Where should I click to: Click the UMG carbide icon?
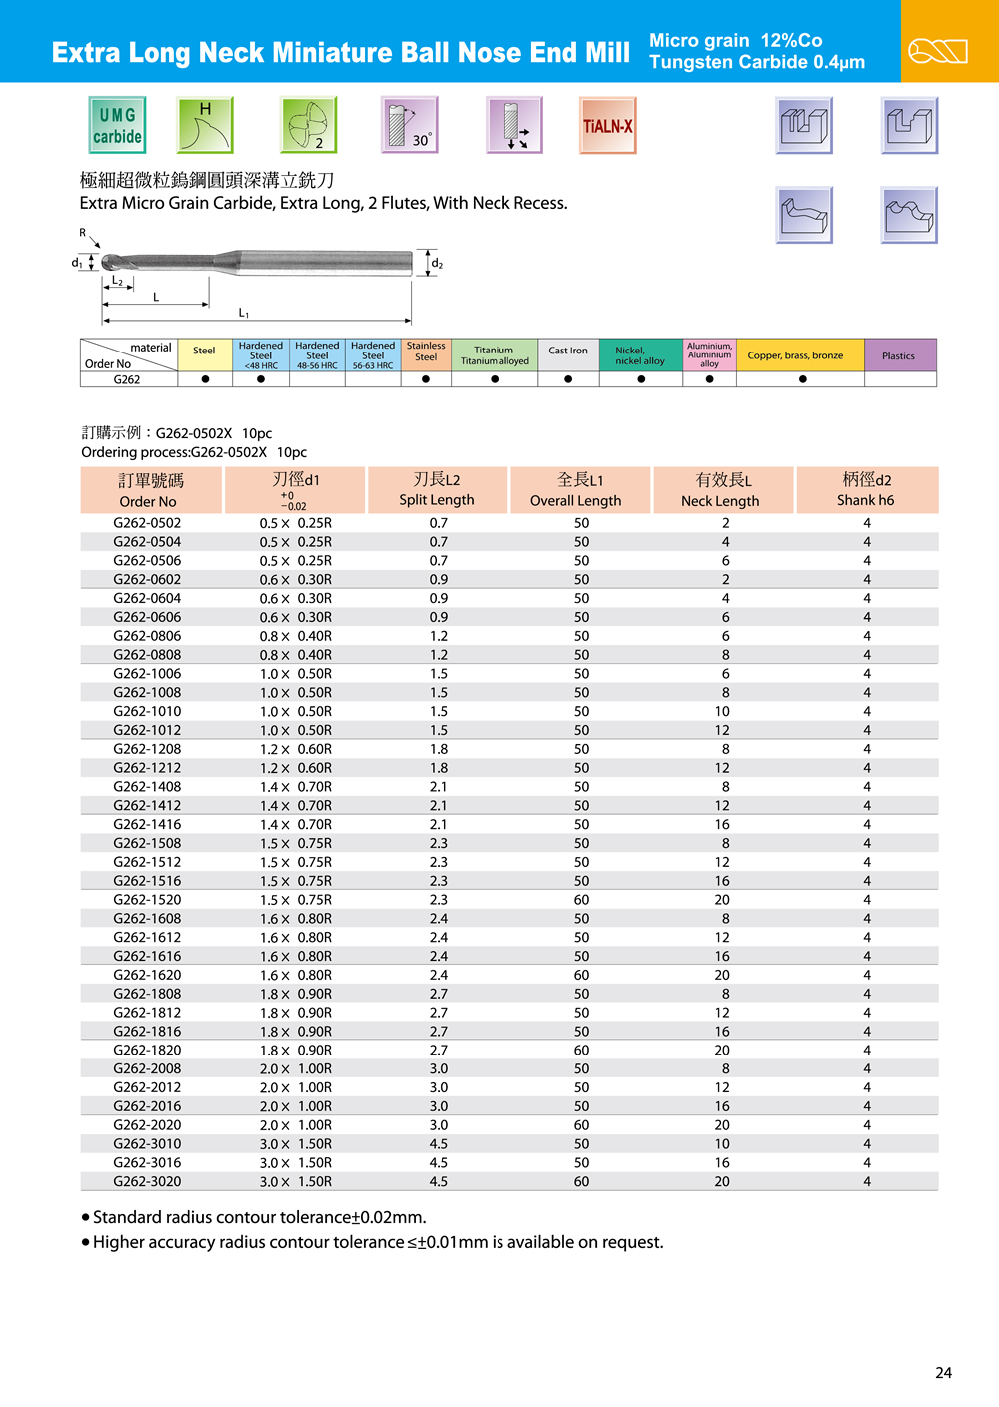117,125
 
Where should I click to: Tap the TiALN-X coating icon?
607,125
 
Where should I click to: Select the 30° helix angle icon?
410,125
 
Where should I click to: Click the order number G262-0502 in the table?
147,523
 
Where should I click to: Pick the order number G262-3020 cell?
147,1181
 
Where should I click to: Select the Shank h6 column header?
866,489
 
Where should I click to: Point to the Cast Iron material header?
568,351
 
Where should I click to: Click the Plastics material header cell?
899,355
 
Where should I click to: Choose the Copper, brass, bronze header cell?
796,355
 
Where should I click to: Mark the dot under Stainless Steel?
426,379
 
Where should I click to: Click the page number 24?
943,1373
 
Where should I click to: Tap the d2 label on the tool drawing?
437,264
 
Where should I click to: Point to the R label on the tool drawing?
83,233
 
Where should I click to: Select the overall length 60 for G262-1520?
581,900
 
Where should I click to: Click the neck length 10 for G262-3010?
722,1144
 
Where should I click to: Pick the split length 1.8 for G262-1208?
439,749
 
